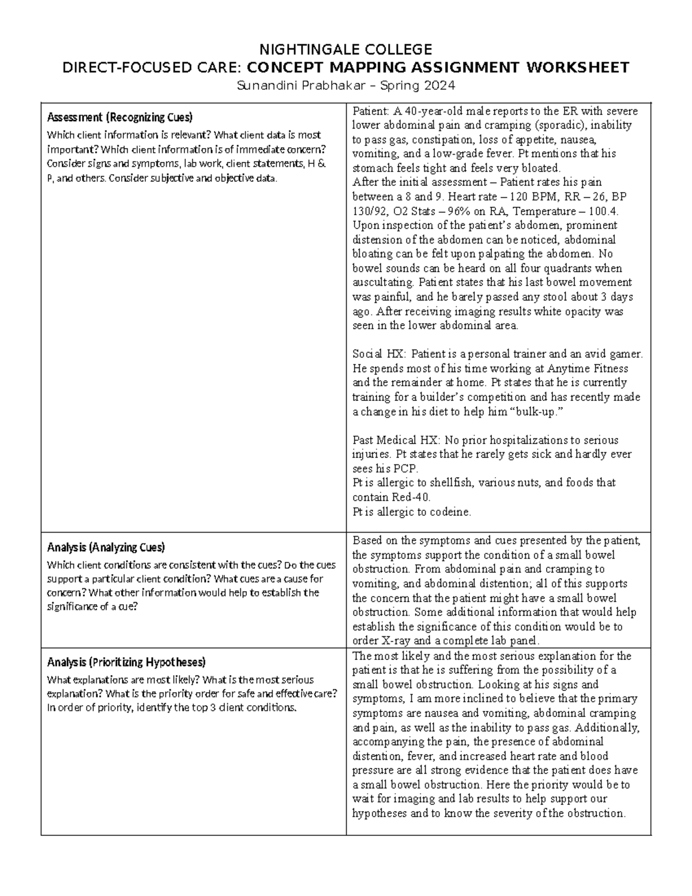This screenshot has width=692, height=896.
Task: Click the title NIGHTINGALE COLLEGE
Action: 345,48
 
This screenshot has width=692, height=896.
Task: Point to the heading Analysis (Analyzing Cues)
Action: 106,547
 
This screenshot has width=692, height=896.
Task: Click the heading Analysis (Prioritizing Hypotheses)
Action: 126,661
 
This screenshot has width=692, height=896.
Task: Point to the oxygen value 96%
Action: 458,211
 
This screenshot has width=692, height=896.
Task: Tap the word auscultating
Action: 383,283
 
